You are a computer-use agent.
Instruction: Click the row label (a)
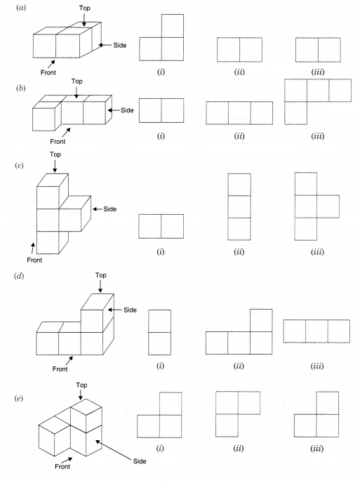(21, 8)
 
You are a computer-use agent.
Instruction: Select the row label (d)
(19, 276)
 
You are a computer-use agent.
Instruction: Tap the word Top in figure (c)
(55, 154)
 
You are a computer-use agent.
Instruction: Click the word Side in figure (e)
(140, 461)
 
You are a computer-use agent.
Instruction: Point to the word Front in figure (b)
(58, 141)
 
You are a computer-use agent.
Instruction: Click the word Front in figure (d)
(60, 369)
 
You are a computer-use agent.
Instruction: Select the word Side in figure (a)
(120, 45)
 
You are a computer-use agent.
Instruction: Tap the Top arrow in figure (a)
(84, 20)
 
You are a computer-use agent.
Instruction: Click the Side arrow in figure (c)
(98, 209)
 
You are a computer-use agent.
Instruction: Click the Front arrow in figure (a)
(51, 64)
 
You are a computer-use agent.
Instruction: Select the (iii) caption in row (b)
(317, 136)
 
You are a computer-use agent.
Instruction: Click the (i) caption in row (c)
(161, 251)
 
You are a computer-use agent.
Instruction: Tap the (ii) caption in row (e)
(239, 448)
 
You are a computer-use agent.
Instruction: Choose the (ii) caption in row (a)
(239, 72)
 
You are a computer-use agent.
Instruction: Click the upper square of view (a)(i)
(173, 26)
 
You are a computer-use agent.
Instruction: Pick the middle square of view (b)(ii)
(239, 113)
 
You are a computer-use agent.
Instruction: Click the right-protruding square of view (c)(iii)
(328, 206)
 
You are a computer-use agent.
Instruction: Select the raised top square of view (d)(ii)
(261, 320)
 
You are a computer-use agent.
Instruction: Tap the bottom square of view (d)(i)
(159, 343)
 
